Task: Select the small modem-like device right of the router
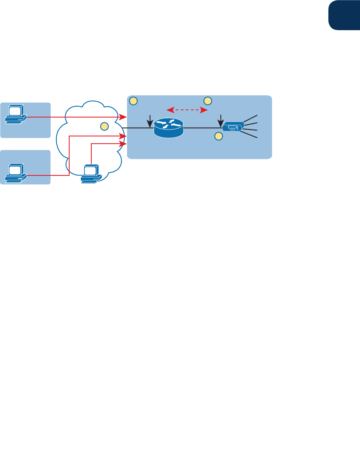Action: coord(233,127)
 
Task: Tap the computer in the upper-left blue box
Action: coord(15,114)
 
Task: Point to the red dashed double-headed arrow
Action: coord(187,109)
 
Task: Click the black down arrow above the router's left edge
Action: coord(150,120)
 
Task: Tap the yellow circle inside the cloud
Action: coord(104,126)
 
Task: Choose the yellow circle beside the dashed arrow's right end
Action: coord(208,101)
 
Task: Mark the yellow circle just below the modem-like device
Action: coord(218,137)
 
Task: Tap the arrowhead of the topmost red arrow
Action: coord(124,117)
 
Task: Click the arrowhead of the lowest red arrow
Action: coord(125,144)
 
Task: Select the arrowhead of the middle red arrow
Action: coord(125,137)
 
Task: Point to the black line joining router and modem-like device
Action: coord(202,128)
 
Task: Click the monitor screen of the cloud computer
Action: coord(91,170)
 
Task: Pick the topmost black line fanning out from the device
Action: coord(251,118)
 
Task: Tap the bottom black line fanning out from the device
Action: coord(251,136)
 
